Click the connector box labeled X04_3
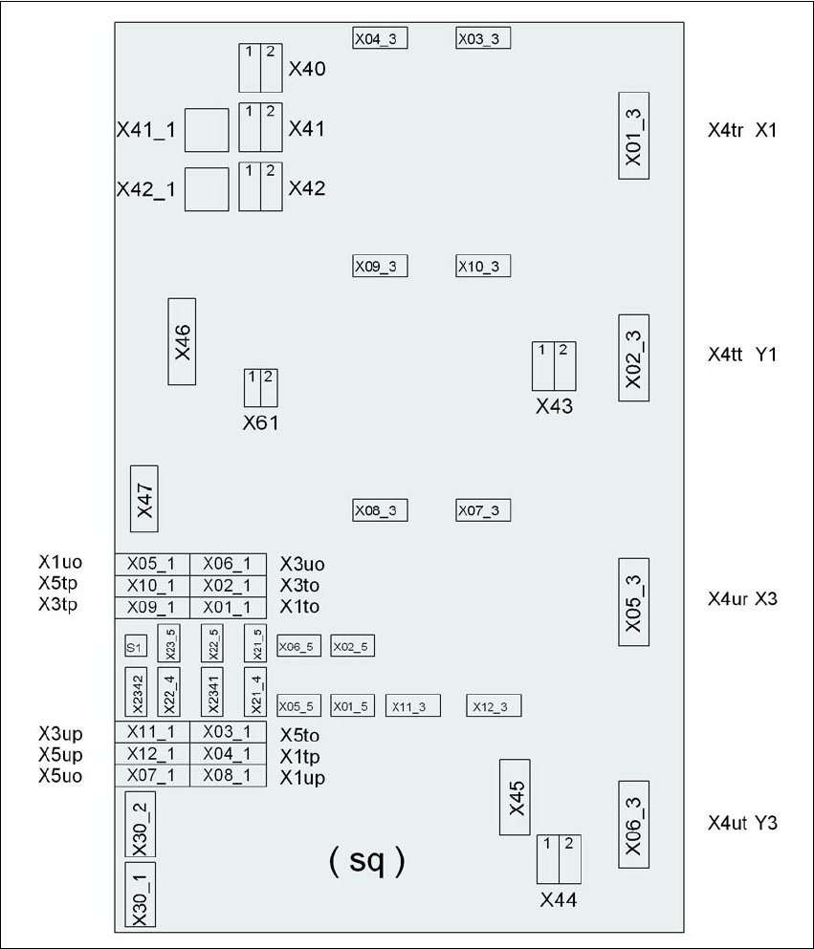click(380, 38)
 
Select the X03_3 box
click(483, 38)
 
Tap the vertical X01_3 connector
click(633, 136)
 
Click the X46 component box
click(182, 341)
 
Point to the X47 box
click(144, 499)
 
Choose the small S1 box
click(136, 646)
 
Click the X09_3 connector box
click(380, 266)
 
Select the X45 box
click(515, 797)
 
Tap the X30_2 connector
click(140, 825)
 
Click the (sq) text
click(367, 860)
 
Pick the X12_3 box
click(494, 705)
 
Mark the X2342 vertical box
click(136, 692)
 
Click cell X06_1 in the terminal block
click(228, 564)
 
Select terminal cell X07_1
click(152, 775)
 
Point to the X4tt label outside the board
click(725, 354)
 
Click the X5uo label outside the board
click(60, 775)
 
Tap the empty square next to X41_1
click(207, 130)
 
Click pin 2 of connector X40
click(272, 68)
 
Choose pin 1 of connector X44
click(547, 859)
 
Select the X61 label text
click(261, 423)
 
